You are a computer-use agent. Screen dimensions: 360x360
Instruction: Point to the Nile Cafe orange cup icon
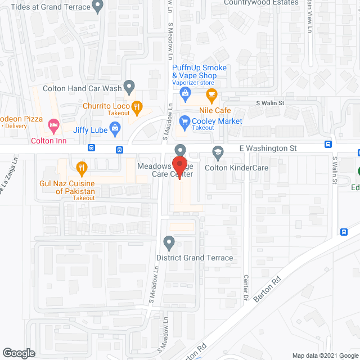211,94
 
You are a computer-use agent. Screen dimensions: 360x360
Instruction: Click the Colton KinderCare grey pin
218,152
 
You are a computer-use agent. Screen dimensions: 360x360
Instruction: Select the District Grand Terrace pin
168,243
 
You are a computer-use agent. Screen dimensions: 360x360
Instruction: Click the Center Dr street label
246,287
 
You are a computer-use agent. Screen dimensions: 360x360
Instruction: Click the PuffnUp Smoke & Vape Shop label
199,71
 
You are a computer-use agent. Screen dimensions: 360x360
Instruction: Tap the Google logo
18,353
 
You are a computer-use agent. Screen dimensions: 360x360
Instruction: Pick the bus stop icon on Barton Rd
344,232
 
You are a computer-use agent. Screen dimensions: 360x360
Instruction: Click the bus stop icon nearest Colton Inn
92,149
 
